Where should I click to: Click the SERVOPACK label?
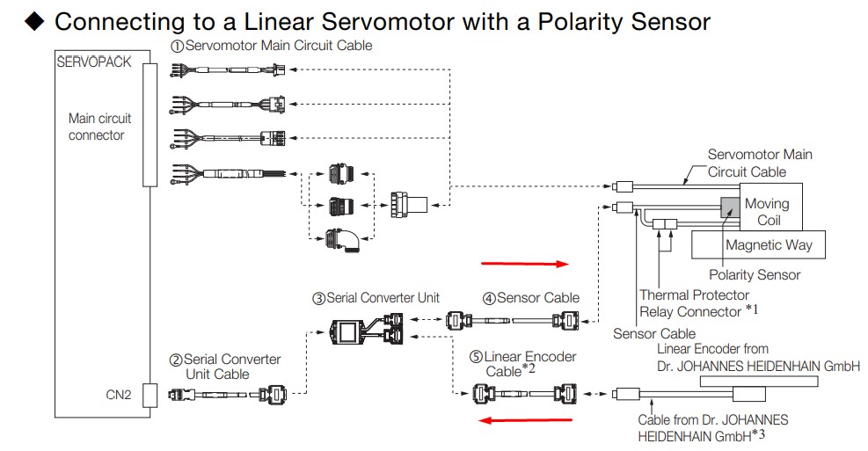(x=93, y=62)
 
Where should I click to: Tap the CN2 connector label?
(x=118, y=396)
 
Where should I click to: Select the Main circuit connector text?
(x=99, y=127)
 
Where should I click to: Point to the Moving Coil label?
(x=767, y=212)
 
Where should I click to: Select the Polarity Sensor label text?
(x=755, y=275)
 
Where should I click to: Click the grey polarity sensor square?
(x=731, y=207)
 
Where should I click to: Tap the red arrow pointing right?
(x=526, y=262)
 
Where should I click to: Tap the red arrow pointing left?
(x=521, y=420)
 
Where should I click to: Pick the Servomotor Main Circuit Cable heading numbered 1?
(x=272, y=46)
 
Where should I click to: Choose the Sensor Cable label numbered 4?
(x=530, y=298)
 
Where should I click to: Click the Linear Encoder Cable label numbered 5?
(x=522, y=363)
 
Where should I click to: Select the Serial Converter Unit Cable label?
(x=225, y=367)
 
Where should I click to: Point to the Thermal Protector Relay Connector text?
(x=694, y=303)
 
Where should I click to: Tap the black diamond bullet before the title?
(x=34, y=21)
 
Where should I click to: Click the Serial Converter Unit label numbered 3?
(x=376, y=298)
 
